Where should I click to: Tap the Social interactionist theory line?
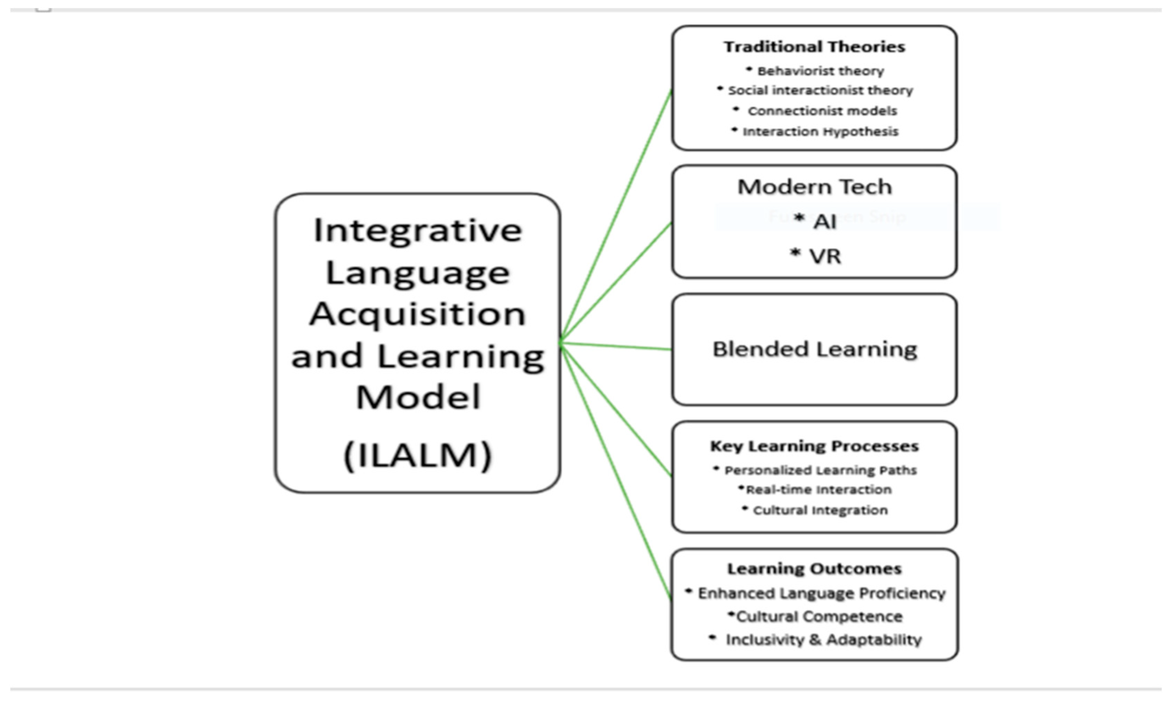(x=820, y=90)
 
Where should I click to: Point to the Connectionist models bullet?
(x=822, y=111)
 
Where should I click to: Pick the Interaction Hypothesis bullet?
(x=820, y=131)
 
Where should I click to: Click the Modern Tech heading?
(x=814, y=187)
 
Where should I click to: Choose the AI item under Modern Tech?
(x=824, y=221)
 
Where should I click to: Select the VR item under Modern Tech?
(x=824, y=256)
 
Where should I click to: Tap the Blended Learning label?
(x=814, y=349)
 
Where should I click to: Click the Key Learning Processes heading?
(x=814, y=446)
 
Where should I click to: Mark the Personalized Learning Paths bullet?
(x=820, y=470)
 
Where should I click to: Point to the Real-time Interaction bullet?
(x=818, y=490)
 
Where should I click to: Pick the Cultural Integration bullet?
(x=820, y=510)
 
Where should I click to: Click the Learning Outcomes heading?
(x=814, y=568)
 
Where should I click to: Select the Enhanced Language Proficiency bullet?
(x=821, y=594)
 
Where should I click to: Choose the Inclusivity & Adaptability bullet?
(x=823, y=639)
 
